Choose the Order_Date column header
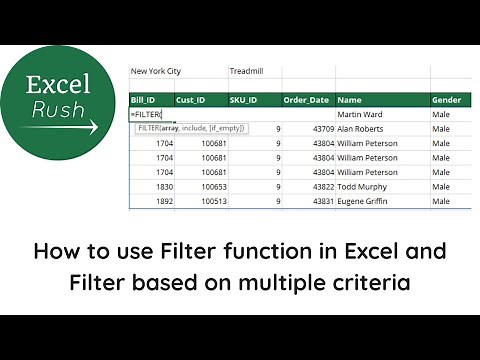coord(305,100)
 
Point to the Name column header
coord(350,100)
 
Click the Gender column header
coord(446,100)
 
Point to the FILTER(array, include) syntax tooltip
coord(189,128)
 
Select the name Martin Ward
coord(363,115)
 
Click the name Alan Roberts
coord(363,129)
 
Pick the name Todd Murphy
coord(363,186)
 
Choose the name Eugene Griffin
coord(365,201)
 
